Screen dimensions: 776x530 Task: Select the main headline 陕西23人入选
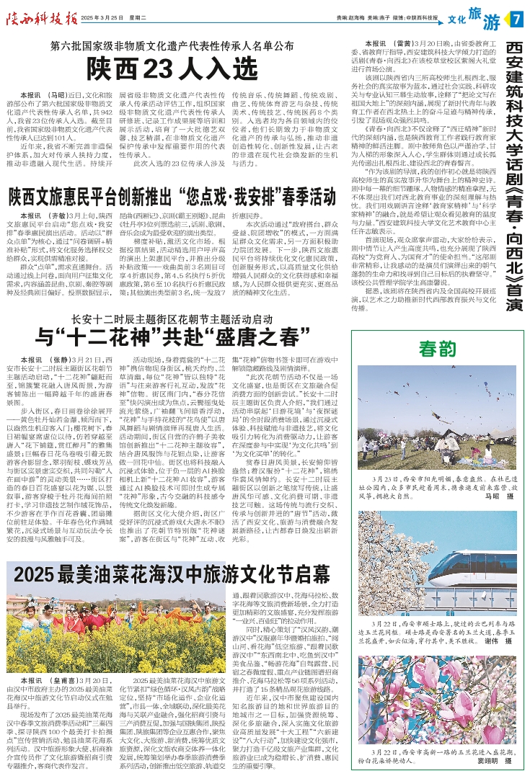(x=172, y=69)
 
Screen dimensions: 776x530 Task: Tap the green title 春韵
(x=439, y=348)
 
